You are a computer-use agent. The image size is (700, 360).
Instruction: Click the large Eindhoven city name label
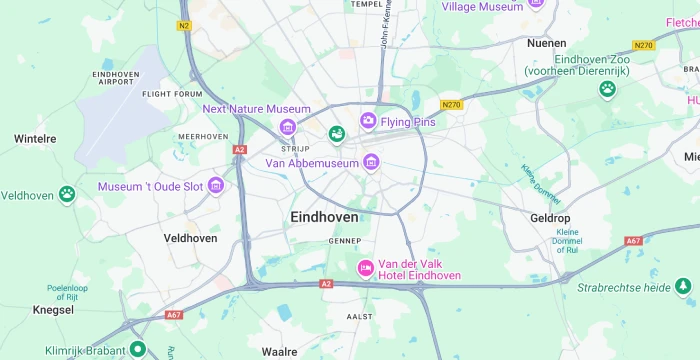tap(324, 217)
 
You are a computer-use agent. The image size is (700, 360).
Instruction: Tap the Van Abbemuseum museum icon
tap(371, 162)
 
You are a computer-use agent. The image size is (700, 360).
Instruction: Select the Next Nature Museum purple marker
tap(288, 126)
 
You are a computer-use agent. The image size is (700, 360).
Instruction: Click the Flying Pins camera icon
tap(368, 121)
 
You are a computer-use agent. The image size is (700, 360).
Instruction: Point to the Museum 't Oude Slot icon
tap(216, 186)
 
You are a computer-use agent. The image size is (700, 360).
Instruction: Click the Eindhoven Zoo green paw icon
tap(607, 89)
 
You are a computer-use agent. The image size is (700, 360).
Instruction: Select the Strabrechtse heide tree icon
tap(683, 287)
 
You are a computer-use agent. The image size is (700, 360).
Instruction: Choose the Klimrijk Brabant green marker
tap(138, 350)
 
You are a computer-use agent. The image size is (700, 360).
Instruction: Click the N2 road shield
tap(184, 25)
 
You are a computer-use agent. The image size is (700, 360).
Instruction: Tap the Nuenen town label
tap(546, 43)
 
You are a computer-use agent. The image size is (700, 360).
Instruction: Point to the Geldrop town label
tap(549, 217)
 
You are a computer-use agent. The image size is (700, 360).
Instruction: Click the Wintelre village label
tap(35, 139)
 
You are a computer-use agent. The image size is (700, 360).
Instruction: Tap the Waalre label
tap(279, 352)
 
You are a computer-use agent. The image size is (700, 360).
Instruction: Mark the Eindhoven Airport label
tap(115, 78)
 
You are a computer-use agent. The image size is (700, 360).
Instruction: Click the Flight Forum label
tap(172, 94)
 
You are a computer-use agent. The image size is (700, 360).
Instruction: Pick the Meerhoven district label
tap(203, 136)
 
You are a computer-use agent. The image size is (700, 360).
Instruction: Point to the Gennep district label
tap(344, 241)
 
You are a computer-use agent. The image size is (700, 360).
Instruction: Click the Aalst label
tap(359, 315)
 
